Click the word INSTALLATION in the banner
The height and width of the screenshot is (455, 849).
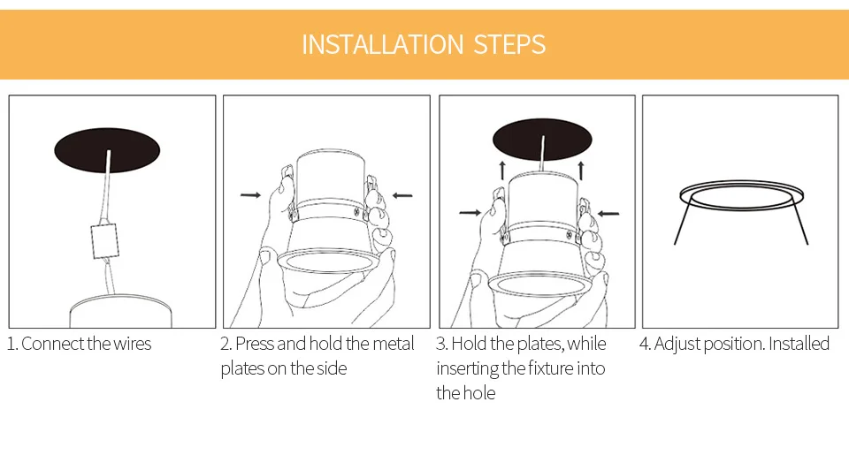[382, 44]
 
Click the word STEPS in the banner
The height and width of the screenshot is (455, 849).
[509, 44]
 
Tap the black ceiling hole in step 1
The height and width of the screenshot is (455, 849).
[107, 150]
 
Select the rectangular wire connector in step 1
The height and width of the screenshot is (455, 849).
[104, 241]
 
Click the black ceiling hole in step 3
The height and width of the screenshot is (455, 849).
[542, 140]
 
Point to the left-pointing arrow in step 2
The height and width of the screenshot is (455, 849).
[402, 195]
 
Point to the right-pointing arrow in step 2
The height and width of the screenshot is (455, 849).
[250, 194]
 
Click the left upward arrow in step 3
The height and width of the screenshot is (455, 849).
[502, 170]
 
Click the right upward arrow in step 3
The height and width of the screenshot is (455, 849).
[581, 170]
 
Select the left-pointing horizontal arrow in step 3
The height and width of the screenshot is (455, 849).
[608, 214]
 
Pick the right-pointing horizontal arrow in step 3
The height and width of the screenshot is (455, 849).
[470, 213]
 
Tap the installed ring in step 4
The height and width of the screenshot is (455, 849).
[741, 184]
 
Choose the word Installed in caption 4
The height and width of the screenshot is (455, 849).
[799, 344]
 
